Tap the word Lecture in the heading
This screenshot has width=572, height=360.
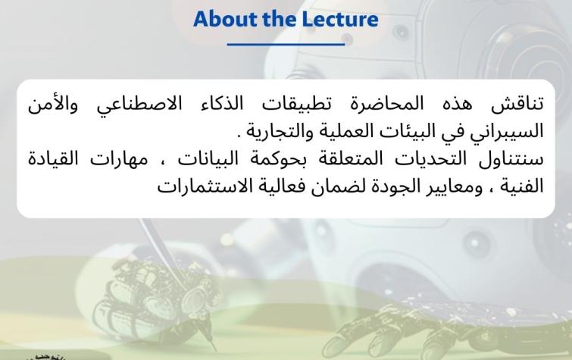click(x=340, y=19)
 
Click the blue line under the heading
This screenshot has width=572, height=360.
click(x=286, y=44)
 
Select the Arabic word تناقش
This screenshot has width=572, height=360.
click(x=517, y=105)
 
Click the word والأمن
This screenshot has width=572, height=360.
click(x=53, y=105)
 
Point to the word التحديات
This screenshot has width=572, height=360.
click(x=424, y=159)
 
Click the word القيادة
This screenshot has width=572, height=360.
click(x=53, y=159)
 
